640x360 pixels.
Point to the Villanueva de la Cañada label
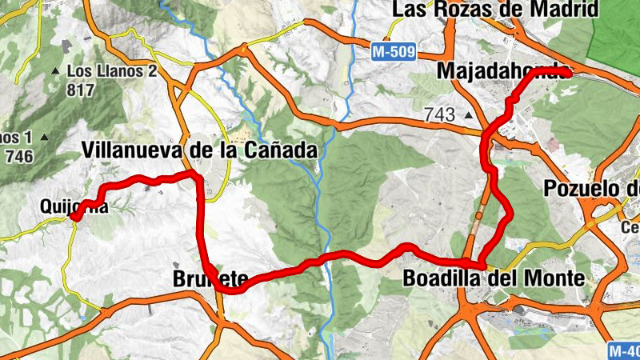point(199,150)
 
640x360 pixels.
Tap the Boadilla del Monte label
point(494,279)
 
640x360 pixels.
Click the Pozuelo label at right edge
point(591,189)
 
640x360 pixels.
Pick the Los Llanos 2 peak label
point(111,70)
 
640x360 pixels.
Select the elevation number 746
point(18,156)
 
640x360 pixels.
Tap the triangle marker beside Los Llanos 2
point(55,71)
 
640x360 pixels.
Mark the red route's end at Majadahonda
point(568,73)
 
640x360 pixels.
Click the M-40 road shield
point(625,350)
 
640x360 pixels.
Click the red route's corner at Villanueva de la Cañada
point(194,174)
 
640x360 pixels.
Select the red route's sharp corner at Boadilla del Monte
point(482,263)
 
